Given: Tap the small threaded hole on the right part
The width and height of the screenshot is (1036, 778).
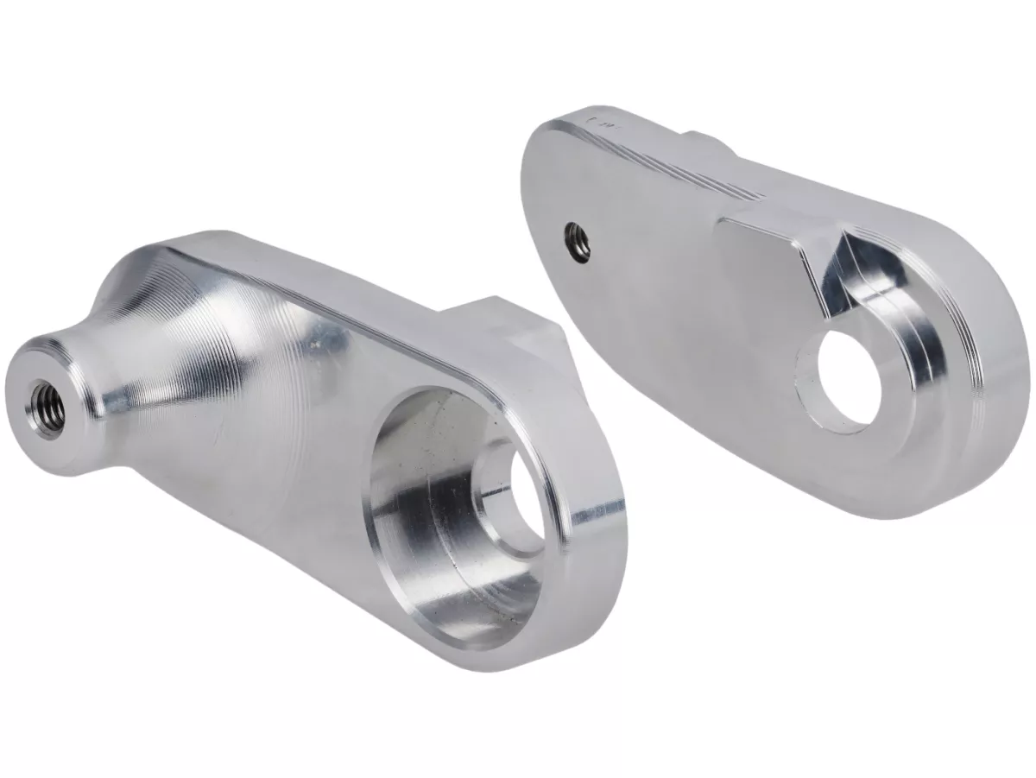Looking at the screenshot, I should [577, 238].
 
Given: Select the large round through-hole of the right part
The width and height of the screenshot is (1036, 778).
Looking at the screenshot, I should [841, 379].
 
